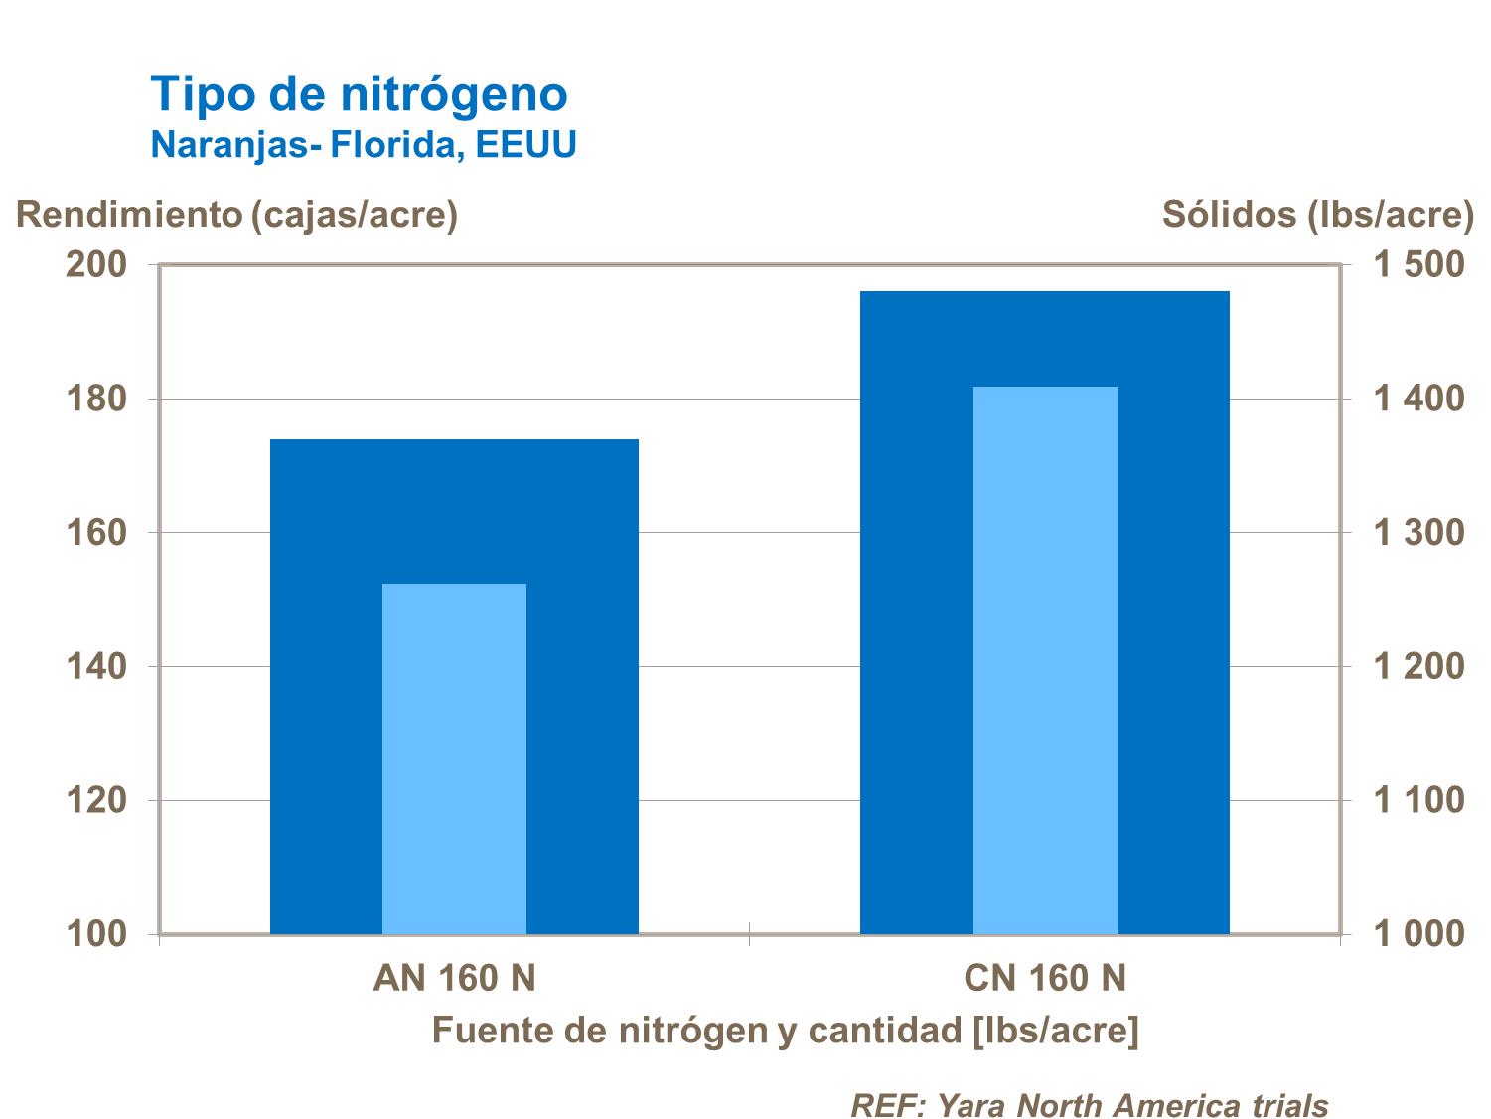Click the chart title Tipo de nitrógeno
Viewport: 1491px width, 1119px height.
359,95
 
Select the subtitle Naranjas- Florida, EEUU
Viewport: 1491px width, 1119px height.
364,145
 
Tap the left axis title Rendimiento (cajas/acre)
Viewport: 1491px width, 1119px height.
236,214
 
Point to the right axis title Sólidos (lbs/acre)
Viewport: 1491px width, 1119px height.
1317,214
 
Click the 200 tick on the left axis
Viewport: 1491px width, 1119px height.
96,264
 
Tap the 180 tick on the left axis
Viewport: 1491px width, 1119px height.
96,399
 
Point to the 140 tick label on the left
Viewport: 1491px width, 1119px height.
96,666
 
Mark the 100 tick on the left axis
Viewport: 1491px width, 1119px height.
96,934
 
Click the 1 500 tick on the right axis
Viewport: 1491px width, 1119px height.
1417,264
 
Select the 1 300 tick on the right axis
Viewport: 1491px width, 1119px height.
1417,533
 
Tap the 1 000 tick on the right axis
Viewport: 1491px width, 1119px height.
1417,934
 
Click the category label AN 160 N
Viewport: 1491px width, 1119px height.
454,978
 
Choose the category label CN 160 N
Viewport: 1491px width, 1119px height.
1045,978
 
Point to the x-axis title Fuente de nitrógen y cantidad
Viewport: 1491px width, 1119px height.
785,1031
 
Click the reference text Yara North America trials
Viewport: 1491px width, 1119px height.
1090,1104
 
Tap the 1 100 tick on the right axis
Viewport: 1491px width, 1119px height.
1417,800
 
